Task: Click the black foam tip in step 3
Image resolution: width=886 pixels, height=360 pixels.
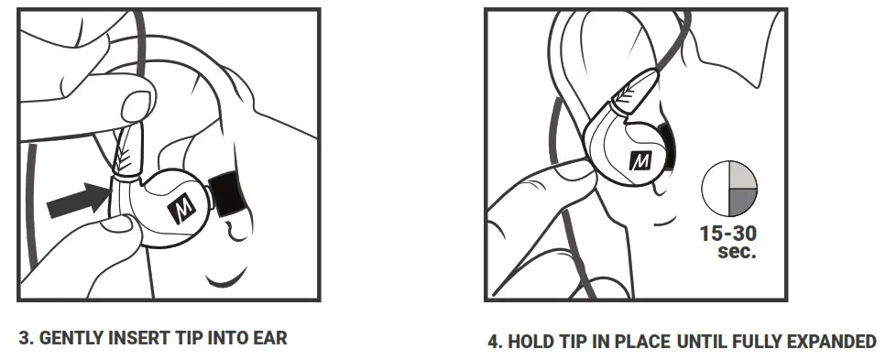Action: (x=224, y=193)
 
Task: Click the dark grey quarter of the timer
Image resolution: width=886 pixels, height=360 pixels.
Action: (x=743, y=203)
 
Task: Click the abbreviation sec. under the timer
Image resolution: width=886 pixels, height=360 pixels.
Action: (x=738, y=250)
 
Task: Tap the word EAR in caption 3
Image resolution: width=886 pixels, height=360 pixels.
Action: (x=270, y=338)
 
